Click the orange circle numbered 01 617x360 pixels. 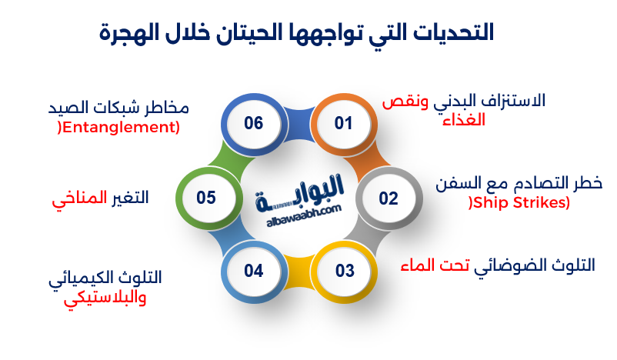coord(342,123)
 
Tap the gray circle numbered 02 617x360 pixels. coord(389,198)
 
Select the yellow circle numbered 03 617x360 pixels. coord(344,271)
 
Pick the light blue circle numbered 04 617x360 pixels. coord(254,271)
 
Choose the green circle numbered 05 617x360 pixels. coord(206,198)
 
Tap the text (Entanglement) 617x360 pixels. coord(118,127)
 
